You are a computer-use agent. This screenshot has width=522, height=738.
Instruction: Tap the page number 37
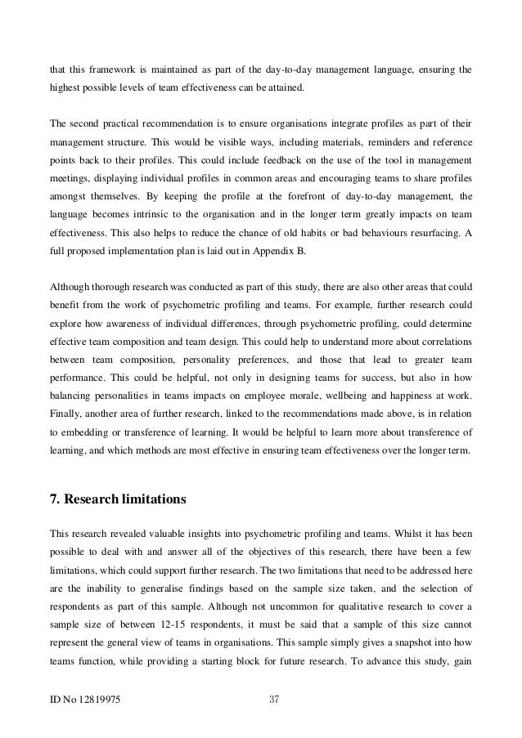click(275, 699)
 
